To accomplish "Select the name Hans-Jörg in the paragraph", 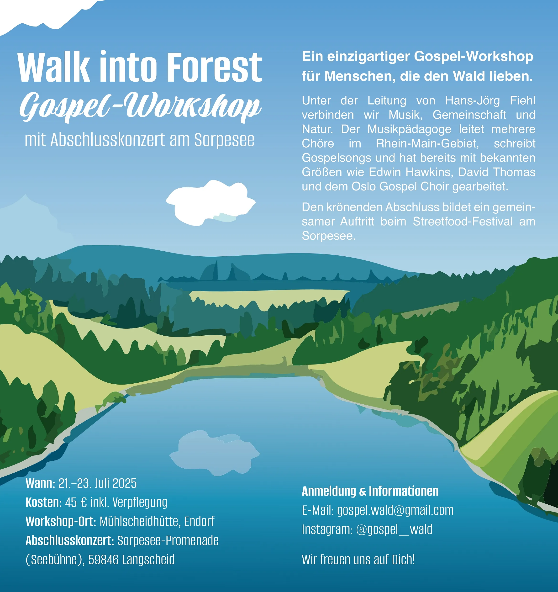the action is point(473,101).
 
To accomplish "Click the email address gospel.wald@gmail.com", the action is point(395,510).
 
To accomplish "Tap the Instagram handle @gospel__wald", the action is point(394,529).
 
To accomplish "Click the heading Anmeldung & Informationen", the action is point(370,491).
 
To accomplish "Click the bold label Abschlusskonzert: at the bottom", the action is point(70,540).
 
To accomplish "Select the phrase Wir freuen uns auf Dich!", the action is point(358,560).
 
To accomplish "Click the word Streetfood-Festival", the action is point(463,222).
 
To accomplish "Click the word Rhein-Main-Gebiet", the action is point(428,143).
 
